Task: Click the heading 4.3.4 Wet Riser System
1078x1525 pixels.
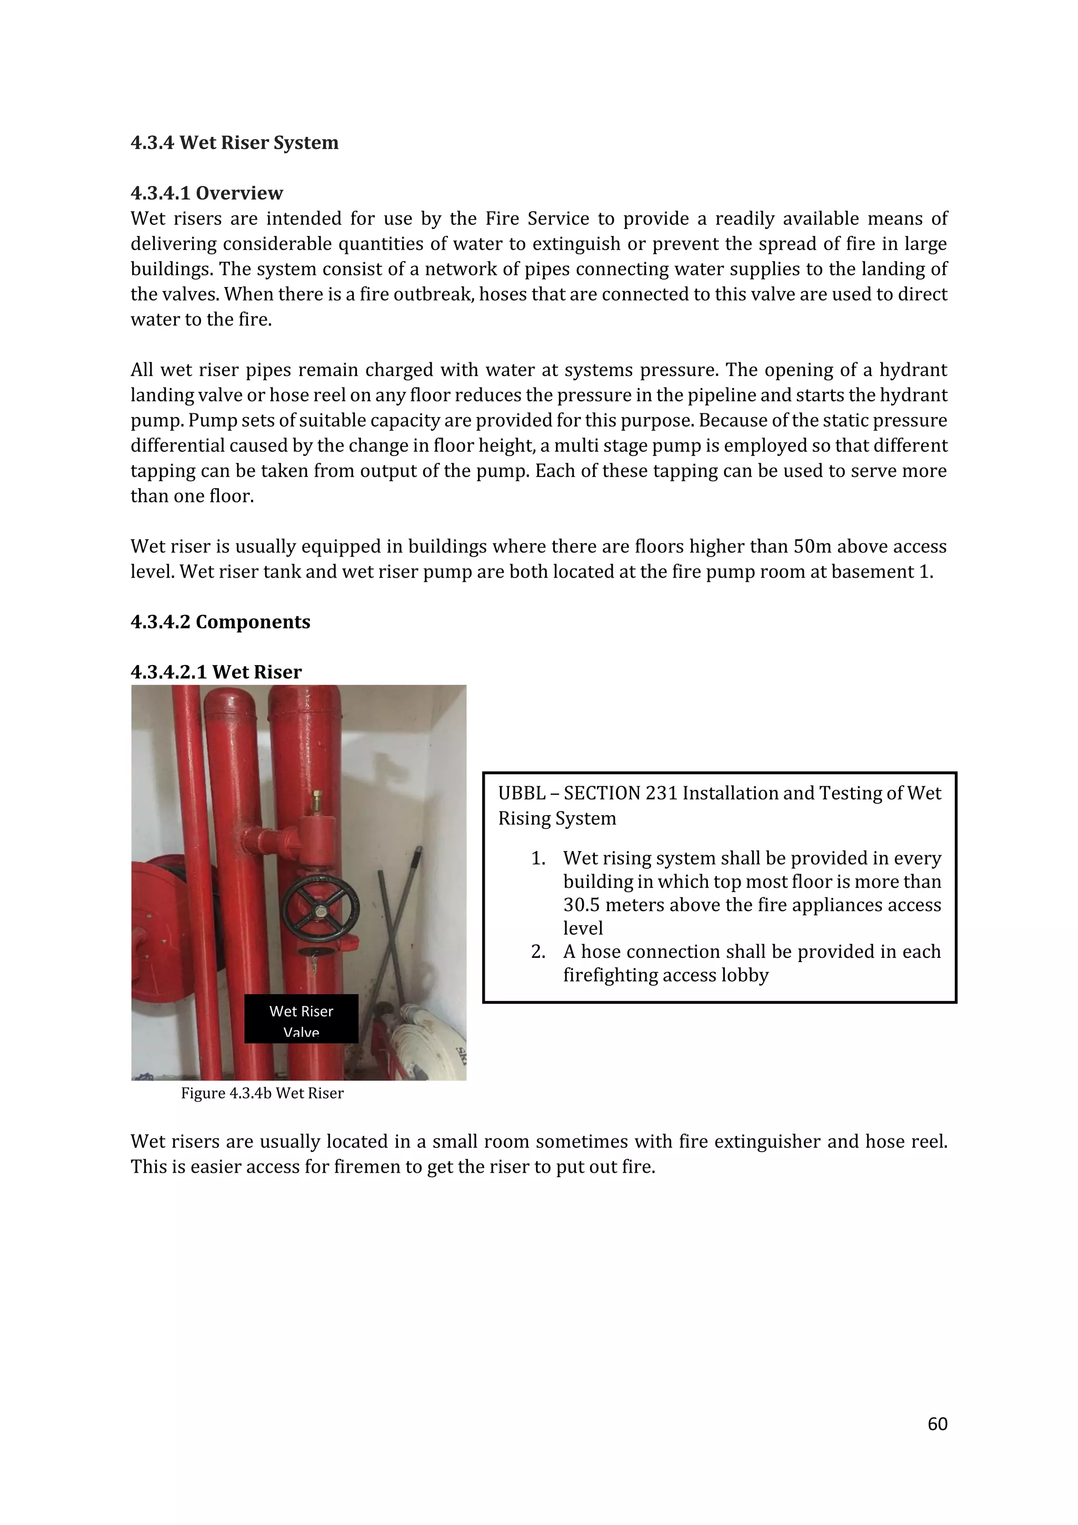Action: pos(234,143)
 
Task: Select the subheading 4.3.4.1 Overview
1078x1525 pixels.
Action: pos(206,193)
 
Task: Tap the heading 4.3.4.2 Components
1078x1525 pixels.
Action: pos(221,622)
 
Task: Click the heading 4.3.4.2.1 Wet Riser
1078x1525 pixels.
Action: pos(216,672)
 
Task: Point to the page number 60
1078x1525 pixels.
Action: pos(937,1424)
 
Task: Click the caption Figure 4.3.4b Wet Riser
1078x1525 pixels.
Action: pos(262,1093)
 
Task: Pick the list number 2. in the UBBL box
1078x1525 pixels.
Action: pos(538,952)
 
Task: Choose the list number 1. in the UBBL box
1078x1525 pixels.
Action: pos(538,858)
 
